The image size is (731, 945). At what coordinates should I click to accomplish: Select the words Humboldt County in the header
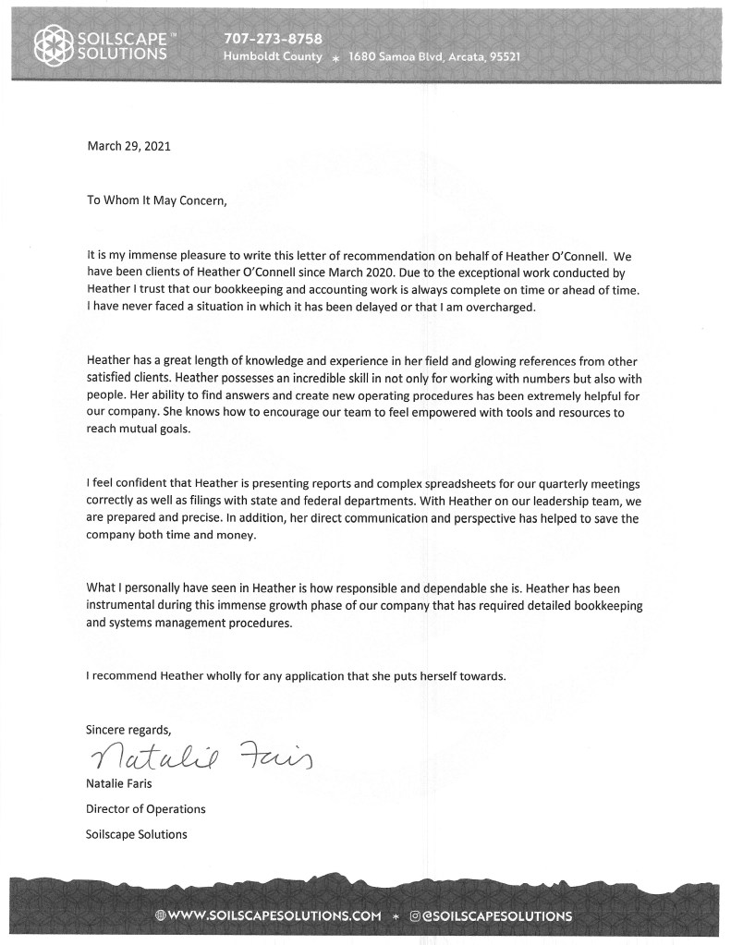coord(273,56)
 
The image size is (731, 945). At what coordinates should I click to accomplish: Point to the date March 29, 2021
coord(128,146)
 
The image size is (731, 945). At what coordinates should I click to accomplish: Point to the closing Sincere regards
coord(128,729)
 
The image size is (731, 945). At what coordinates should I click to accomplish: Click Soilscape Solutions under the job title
coord(136,834)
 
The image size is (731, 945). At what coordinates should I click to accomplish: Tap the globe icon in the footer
coord(161,915)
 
